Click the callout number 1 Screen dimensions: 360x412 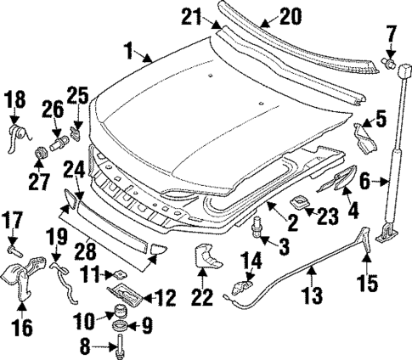[x=130, y=53]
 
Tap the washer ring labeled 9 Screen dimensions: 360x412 [x=121, y=326]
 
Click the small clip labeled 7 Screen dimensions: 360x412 [x=387, y=61]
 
